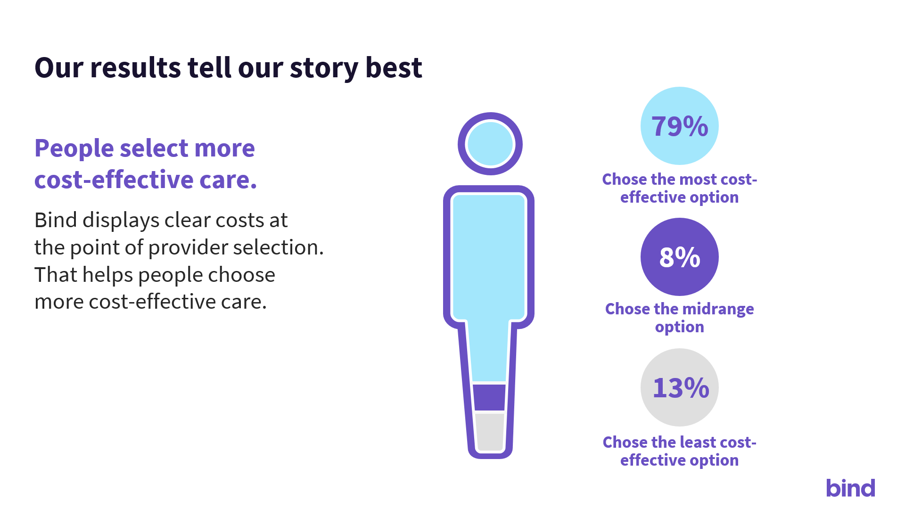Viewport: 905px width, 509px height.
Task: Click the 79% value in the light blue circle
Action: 680,126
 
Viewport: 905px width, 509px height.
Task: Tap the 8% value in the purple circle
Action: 680,257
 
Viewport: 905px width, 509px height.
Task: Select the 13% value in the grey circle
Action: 681,388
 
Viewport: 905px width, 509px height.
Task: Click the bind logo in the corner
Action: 850,488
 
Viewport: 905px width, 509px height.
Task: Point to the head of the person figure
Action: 490,144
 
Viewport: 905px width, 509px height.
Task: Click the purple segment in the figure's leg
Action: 490,397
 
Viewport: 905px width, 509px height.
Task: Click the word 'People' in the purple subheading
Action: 74,148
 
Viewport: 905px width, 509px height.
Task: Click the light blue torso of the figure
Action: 489,257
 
